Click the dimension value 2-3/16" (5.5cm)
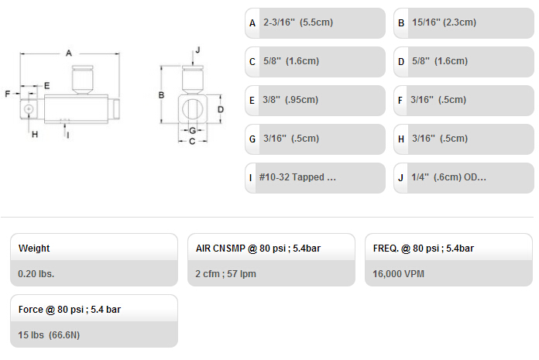298,22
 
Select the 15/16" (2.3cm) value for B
444,22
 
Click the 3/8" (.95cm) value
290,100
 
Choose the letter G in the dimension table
252,139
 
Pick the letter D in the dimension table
401,62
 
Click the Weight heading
34,248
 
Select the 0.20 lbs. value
36,274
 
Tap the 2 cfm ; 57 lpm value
225,274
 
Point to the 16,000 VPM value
398,274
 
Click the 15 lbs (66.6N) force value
49,335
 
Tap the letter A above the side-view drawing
69,53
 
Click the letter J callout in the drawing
197,50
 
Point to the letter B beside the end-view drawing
161,95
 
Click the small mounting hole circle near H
29,109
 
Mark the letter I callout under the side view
67,135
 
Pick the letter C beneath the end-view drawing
192,141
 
